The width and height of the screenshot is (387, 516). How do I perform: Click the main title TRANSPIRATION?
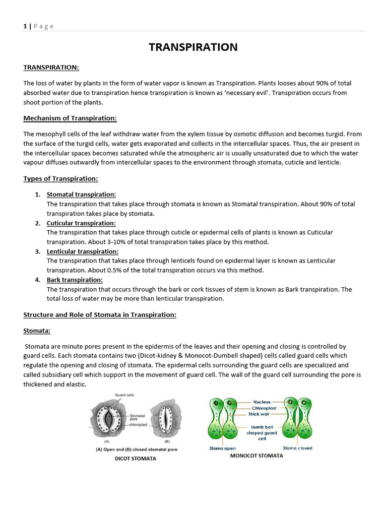(193, 47)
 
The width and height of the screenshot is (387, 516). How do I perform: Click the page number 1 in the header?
(25, 26)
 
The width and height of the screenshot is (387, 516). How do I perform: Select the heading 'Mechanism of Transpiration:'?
(70, 118)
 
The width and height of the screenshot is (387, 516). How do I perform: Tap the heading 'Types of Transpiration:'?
(60, 179)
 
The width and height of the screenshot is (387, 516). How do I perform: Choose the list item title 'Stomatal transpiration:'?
(81, 195)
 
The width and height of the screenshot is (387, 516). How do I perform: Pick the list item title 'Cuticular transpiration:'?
(81, 223)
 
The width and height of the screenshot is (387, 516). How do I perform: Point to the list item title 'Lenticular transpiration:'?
(83, 251)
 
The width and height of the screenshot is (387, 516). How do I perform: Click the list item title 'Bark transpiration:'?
(75, 280)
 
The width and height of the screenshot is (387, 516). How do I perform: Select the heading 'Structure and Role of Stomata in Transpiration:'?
(100, 315)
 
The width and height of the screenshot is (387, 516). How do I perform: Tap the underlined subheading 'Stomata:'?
(37, 331)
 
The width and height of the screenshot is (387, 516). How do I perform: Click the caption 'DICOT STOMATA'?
(136, 459)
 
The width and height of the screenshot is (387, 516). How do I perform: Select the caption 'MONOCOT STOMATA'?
(256, 456)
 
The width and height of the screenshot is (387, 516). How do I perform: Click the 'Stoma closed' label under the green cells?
(297, 448)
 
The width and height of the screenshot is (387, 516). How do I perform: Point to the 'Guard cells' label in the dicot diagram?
(124, 396)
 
